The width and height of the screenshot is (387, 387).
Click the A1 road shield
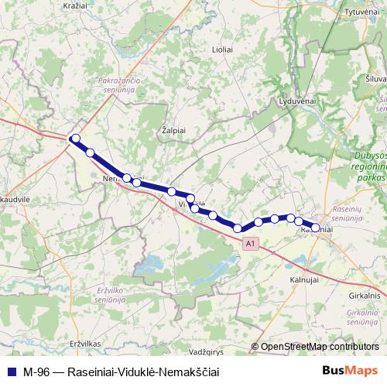[249, 244]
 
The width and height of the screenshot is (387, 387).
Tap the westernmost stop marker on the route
[75, 139]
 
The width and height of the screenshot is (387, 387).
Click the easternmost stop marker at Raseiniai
[315, 228]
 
